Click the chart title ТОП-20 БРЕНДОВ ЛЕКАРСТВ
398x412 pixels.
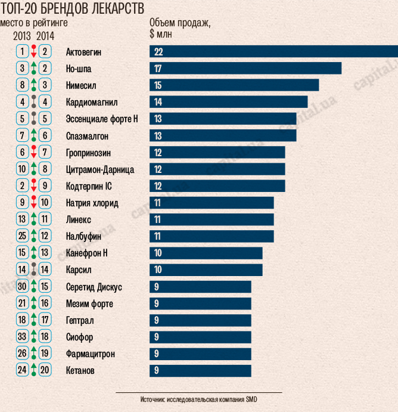coord(74,9)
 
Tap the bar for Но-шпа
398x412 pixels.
coord(245,69)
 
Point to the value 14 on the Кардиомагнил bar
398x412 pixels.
coord(158,102)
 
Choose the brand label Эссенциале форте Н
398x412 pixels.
coord(102,119)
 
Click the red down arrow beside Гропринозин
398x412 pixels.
coord(34,153)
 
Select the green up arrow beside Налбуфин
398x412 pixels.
coord(34,237)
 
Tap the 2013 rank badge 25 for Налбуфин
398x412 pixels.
coord(23,237)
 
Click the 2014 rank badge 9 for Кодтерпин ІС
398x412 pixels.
coord(45,186)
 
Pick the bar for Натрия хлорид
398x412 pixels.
coord(212,203)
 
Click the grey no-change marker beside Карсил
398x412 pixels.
coord(34,270)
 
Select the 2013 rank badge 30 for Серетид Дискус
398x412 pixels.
coord(23,287)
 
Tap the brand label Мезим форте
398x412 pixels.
coord(89,304)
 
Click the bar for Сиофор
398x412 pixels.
coord(200,337)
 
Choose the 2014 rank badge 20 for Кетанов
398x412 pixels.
coord(45,371)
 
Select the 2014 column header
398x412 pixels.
coord(45,36)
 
